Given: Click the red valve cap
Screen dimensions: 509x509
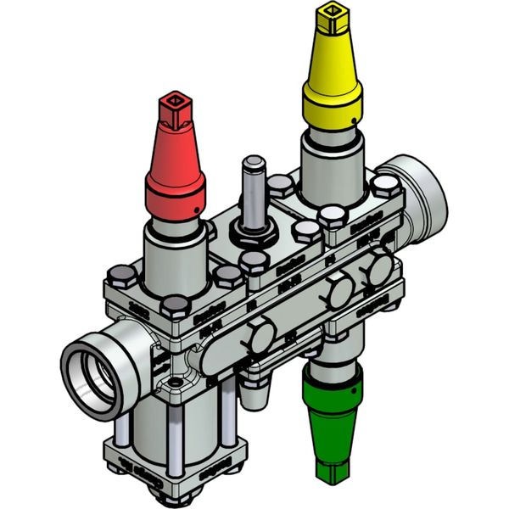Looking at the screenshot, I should [x=176, y=174].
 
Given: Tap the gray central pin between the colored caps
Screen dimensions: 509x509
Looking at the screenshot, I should [x=253, y=191].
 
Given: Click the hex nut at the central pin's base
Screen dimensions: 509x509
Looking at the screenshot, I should [x=252, y=232].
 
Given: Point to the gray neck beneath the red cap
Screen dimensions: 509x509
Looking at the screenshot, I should [x=175, y=255].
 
